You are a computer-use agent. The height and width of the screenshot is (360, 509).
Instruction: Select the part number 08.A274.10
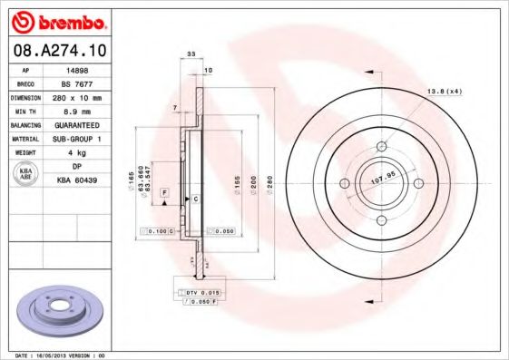coord(55,52)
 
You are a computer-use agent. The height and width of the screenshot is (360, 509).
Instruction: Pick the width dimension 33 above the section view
coord(191,55)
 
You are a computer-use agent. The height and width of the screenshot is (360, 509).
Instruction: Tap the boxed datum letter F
coord(165,193)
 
